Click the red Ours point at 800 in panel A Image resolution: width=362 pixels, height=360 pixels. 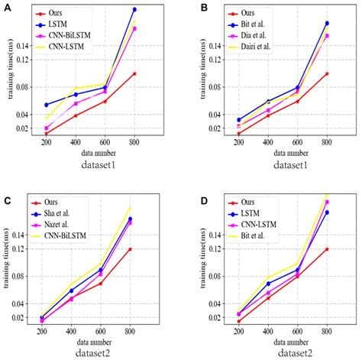134,73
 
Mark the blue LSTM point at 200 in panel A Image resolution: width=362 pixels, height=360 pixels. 46,105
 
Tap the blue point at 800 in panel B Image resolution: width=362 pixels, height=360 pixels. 327,23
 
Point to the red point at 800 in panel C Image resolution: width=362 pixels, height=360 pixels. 131,249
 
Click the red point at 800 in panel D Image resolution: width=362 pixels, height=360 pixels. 327,249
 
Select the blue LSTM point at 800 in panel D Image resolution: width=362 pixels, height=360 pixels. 327,212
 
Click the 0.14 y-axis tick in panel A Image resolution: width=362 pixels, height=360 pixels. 21,46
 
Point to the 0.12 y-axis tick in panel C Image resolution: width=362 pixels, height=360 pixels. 21,249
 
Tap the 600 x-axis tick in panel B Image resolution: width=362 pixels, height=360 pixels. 297,143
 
